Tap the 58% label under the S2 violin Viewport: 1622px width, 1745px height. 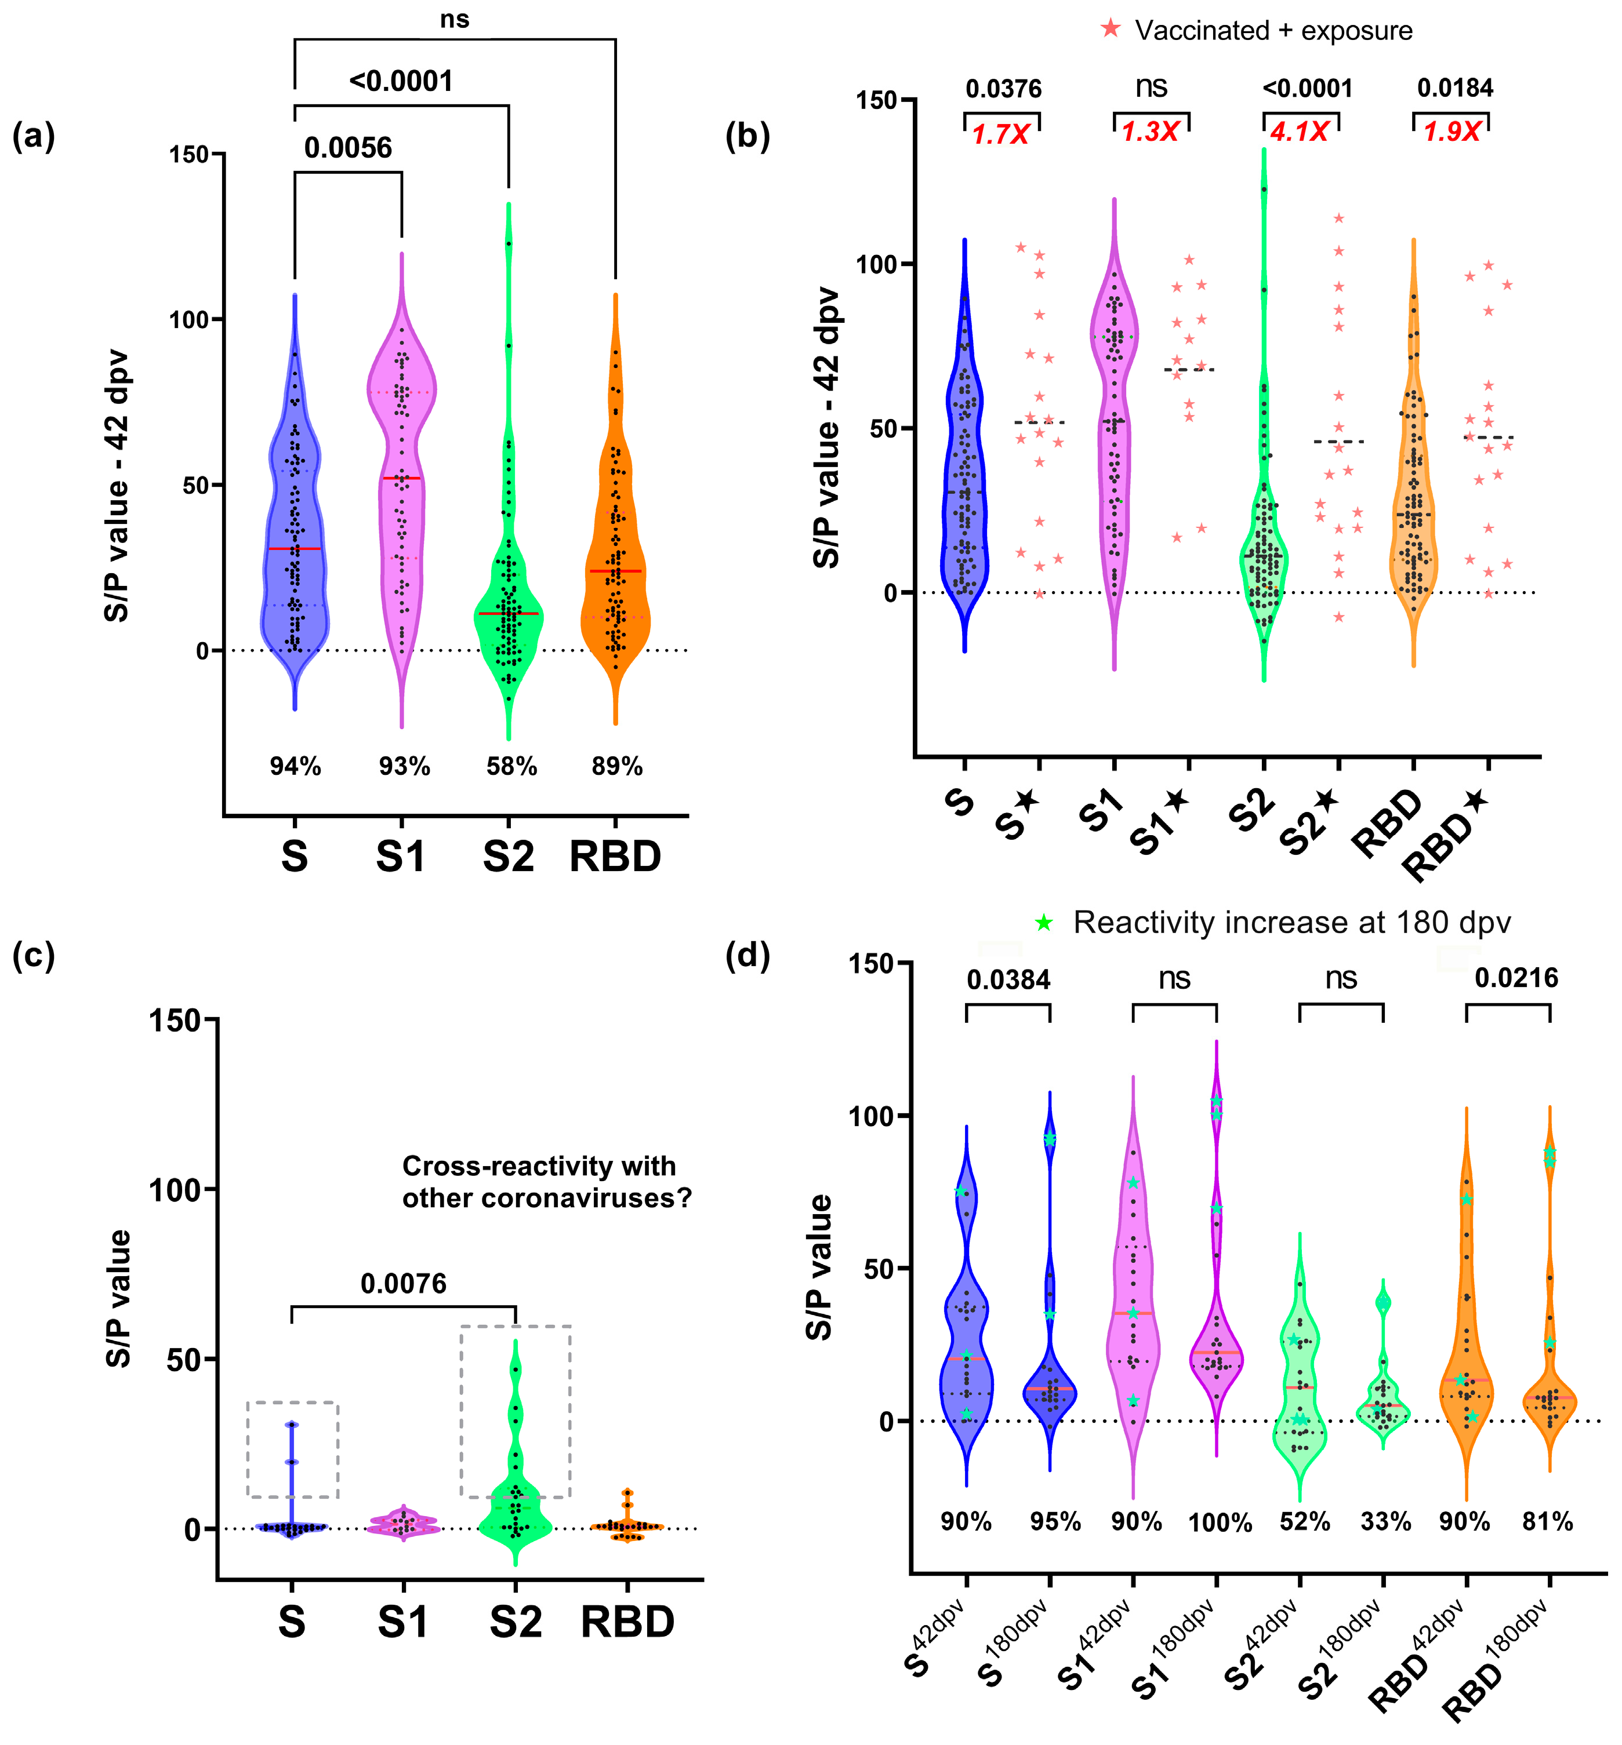(x=511, y=766)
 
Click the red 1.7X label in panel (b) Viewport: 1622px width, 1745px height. (x=1000, y=134)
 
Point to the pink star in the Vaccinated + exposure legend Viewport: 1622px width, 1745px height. (x=1111, y=29)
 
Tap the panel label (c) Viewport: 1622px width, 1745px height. (x=34, y=956)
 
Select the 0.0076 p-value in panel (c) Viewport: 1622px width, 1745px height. (x=404, y=1284)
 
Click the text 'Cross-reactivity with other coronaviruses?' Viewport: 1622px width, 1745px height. (x=546, y=1182)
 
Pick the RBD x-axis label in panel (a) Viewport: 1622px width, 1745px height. (x=615, y=856)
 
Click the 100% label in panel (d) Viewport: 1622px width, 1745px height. (x=1220, y=1523)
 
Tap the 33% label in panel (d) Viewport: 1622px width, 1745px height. (x=1386, y=1521)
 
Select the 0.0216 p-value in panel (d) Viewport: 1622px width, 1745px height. (x=1516, y=978)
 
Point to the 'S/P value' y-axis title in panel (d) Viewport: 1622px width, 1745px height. (x=819, y=1267)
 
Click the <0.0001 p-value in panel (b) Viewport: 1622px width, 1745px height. (x=1307, y=89)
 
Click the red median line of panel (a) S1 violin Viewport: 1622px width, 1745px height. (x=402, y=478)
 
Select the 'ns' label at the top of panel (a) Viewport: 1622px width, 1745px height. (x=455, y=19)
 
